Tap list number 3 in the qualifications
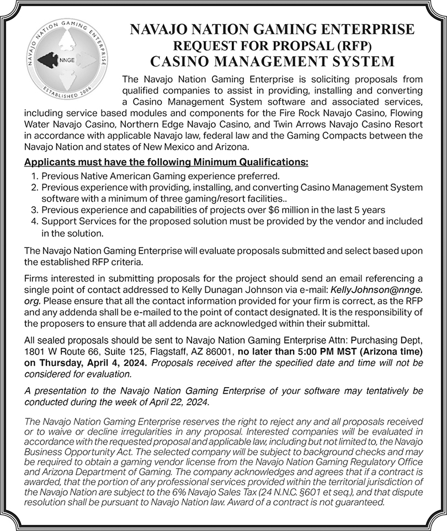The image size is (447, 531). coord(33,210)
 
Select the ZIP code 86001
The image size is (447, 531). coord(222,351)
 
